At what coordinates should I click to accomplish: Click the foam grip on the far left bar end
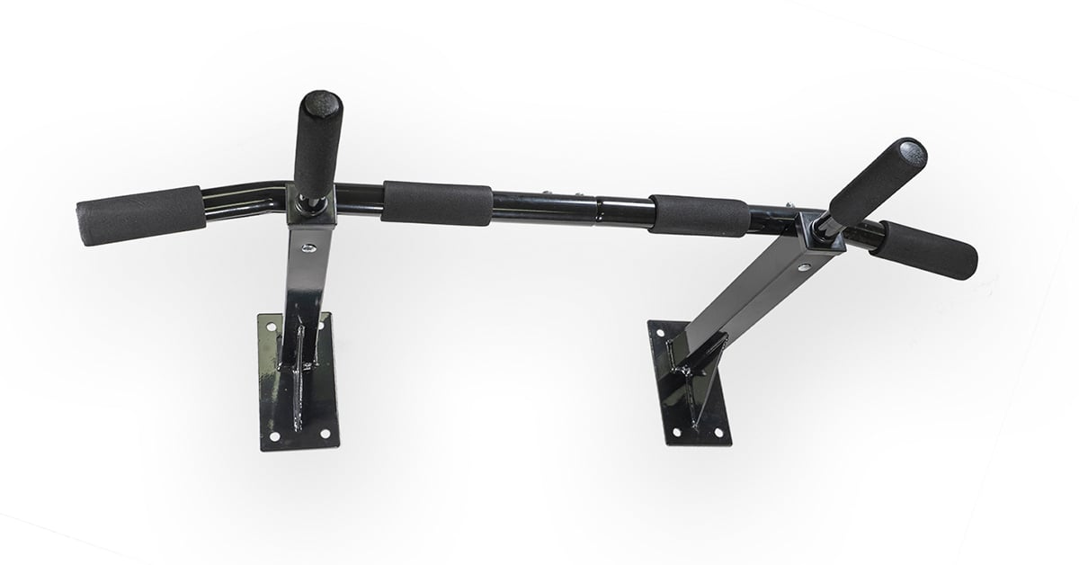click(140, 216)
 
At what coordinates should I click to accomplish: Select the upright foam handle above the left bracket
click(317, 144)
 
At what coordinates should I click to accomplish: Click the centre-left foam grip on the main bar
click(437, 203)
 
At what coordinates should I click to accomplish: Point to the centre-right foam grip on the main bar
click(700, 216)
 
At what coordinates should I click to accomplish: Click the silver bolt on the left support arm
click(308, 247)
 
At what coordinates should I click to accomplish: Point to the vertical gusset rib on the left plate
click(299, 369)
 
